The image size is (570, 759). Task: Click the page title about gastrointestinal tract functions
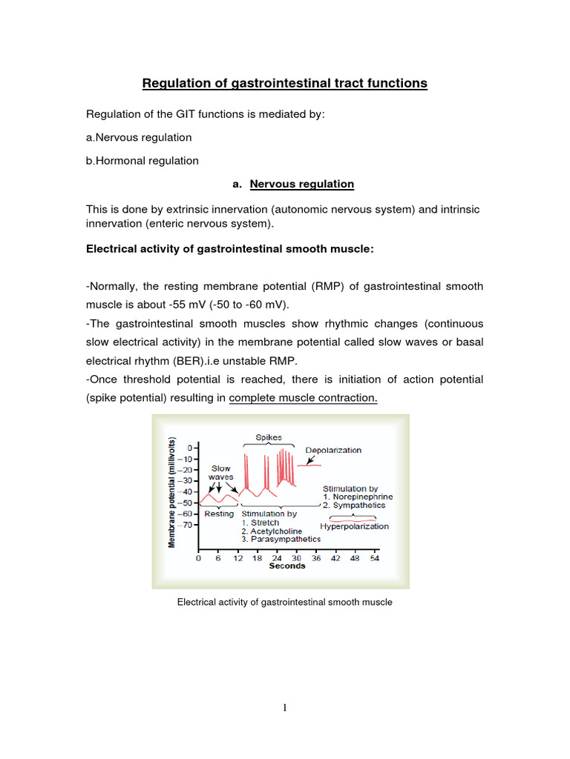click(285, 83)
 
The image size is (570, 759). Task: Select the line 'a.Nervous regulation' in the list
click(139, 137)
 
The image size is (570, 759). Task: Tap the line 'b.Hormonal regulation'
click(142, 160)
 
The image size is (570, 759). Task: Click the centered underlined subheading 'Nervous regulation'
click(301, 184)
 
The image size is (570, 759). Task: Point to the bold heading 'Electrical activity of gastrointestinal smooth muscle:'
click(230, 249)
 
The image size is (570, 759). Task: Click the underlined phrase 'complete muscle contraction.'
click(304, 398)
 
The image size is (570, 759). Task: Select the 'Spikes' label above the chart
click(269, 438)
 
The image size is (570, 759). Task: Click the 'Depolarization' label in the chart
click(333, 450)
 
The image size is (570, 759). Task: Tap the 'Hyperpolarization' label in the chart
click(354, 526)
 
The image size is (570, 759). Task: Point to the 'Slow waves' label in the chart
click(220, 473)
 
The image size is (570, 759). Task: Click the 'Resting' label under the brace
click(219, 514)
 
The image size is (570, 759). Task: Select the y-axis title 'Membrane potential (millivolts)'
click(171, 491)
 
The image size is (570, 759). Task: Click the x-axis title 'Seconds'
click(286, 566)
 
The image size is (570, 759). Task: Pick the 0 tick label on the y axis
click(191, 448)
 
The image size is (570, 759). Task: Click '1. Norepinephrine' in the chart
click(358, 497)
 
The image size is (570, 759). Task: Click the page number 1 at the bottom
click(285, 708)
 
